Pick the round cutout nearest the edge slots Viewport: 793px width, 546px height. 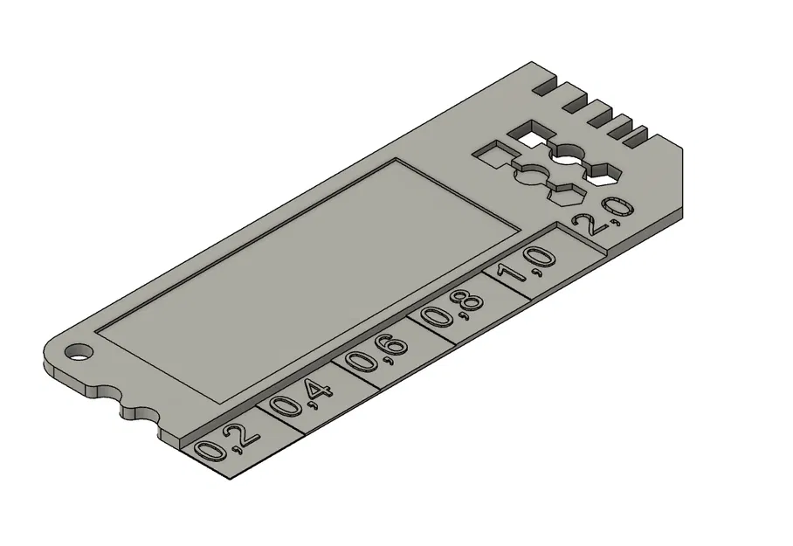572,155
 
